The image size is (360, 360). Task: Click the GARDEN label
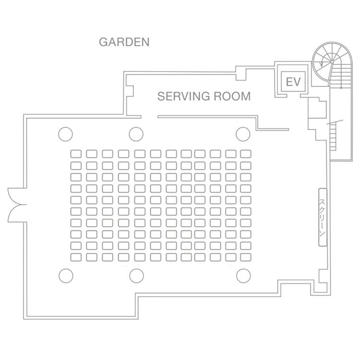pos(124,42)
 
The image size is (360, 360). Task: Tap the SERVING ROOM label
pos(204,96)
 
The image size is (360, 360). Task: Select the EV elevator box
pos(292,82)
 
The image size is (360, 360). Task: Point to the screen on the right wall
pos(323,217)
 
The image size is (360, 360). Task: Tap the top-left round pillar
pos(65,134)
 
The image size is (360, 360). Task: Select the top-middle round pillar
pos(135,133)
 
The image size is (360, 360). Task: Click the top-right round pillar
pos(243,133)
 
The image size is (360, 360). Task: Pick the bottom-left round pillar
pos(66,276)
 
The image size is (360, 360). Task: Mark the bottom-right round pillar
pos(244,276)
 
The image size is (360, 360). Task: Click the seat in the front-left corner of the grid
pos(76,154)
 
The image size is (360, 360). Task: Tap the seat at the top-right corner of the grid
pos(246,154)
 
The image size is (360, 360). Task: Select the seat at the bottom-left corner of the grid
pos(76,257)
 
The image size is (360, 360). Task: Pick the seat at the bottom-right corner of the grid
pos(246,257)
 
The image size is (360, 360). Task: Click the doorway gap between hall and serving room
pos(149,116)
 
